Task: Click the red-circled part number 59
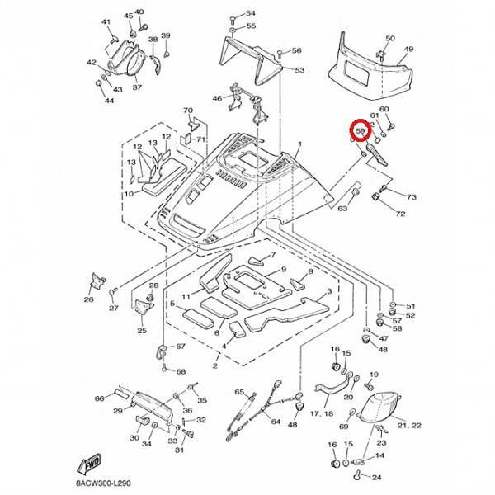[x=361, y=130]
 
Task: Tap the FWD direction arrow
[x=89, y=464]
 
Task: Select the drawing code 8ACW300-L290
[x=103, y=483]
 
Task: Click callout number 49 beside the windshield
[x=408, y=49]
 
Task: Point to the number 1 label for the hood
[x=300, y=144]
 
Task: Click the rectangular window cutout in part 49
[x=356, y=73]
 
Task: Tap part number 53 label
[x=299, y=70]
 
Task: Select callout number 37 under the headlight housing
[x=137, y=87]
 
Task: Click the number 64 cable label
[x=276, y=422]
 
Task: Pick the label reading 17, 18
[x=322, y=413]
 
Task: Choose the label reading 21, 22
[x=409, y=426]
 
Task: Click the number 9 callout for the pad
[x=284, y=269]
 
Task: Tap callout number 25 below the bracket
[x=142, y=331]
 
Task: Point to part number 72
[x=400, y=214]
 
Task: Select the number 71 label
[x=200, y=139]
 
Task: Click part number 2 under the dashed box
[x=215, y=365]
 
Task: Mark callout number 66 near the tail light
[x=100, y=398]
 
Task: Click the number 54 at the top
[x=250, y=13]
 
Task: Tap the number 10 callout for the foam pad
[x=130, y=194]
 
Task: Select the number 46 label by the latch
[x=217, y=98]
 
